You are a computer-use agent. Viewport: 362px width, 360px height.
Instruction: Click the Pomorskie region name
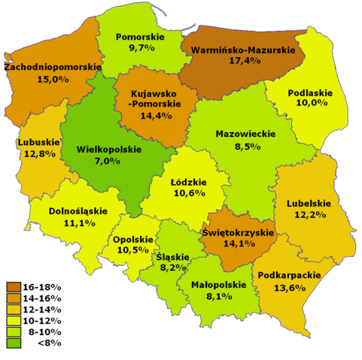141,35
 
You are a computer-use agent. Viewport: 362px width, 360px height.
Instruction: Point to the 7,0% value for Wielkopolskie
108,161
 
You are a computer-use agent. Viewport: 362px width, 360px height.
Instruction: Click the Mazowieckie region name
245,134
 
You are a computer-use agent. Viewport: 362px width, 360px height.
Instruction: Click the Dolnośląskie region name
78,211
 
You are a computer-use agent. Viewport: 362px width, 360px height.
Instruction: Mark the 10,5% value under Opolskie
131,250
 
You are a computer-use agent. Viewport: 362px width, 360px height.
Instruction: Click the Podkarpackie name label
289,276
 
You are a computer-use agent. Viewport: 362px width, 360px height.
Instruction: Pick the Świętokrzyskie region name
238,232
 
